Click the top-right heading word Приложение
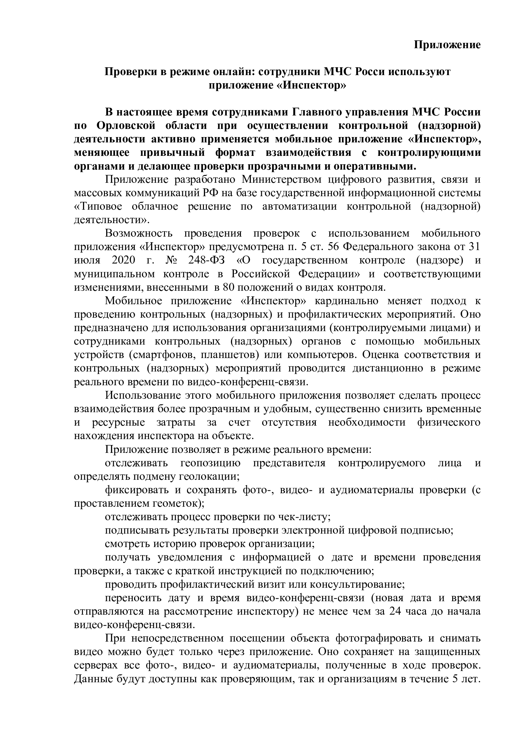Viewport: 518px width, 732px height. tap(447, 45)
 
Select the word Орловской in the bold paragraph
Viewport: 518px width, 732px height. tap(126, 126)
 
